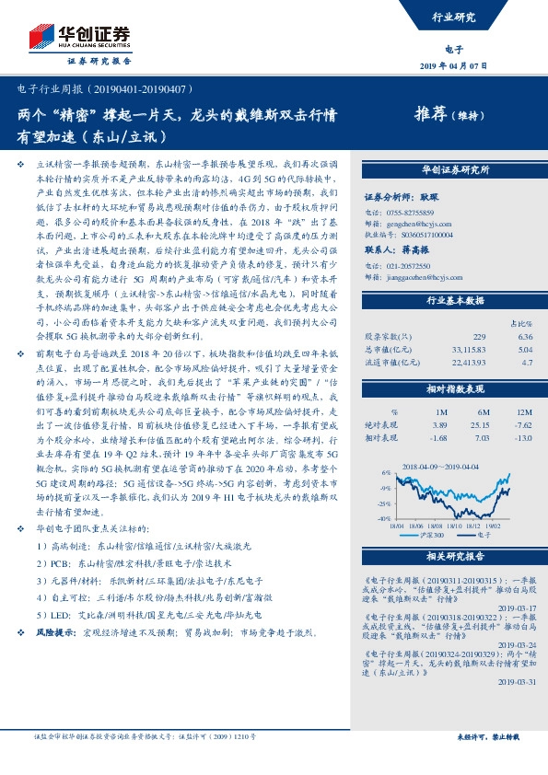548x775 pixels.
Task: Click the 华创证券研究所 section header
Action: (x=455, y=170)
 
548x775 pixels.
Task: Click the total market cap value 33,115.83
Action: (x=469, y=349)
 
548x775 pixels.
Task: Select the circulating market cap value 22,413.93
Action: (x=469, y=363)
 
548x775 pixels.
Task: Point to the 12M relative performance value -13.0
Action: (x=525, y=439)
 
